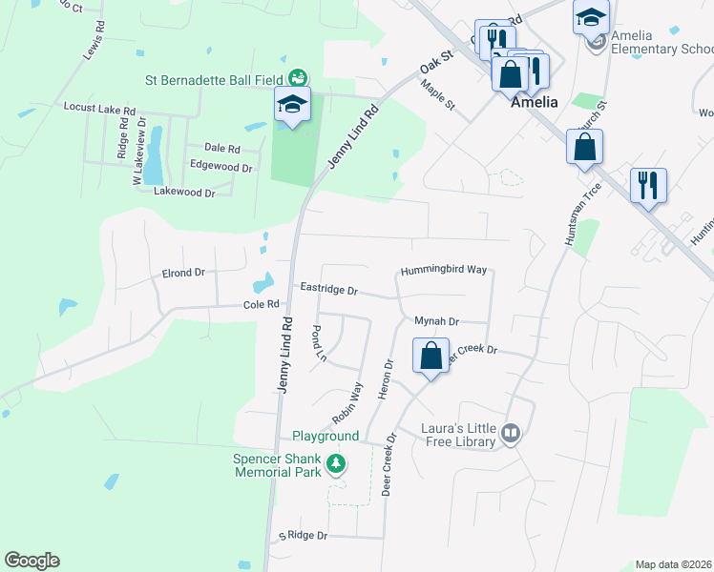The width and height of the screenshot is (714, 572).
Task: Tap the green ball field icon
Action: click(298, 76)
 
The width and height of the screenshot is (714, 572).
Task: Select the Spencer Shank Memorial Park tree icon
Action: click(335, 464)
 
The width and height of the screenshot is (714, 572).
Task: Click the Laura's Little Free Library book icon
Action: click(511, 435)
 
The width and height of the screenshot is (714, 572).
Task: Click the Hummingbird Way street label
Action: click(444, 271)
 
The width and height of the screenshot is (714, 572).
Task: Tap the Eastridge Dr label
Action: click(328, 289)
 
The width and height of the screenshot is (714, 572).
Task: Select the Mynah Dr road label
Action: click(437, 322)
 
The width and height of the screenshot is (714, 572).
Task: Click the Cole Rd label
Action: click(261, 304)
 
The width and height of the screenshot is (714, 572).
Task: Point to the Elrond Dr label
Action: click(184, 273)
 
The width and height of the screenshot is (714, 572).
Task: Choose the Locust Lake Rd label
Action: click(99, 110)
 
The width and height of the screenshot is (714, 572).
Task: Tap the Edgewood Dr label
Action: click(220, 167)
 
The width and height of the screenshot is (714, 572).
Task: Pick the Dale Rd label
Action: click(221, 148)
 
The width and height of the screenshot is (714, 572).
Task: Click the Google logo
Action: click(31, 561)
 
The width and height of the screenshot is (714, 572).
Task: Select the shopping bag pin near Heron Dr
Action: click(431, 357)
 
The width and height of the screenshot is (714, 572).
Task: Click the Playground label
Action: click(325, 436)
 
